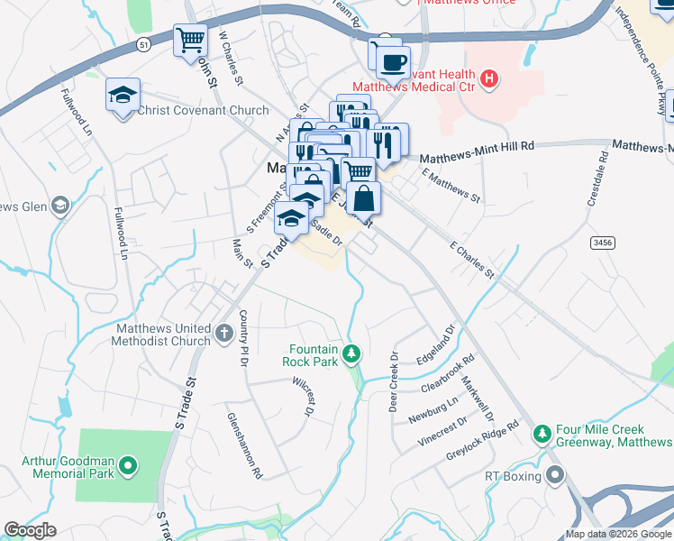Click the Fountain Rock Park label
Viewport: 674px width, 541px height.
(313, 355)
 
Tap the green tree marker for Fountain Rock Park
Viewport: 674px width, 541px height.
(354, 352)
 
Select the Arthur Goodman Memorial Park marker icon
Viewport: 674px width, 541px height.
(129, 466)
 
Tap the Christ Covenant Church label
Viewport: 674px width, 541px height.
(203, 111)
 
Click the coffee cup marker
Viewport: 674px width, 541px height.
(392, 62)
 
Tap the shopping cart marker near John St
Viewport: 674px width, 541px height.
(190, 41)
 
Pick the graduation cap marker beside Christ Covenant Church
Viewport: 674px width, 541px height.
(123, 95)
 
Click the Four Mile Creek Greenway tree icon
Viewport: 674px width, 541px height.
(542, 435)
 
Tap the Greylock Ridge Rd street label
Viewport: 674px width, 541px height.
(483, 441)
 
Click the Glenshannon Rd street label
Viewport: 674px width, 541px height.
(244, 452)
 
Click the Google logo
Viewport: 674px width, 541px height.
(30, 530)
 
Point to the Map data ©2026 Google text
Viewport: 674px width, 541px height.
(617, 534)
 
